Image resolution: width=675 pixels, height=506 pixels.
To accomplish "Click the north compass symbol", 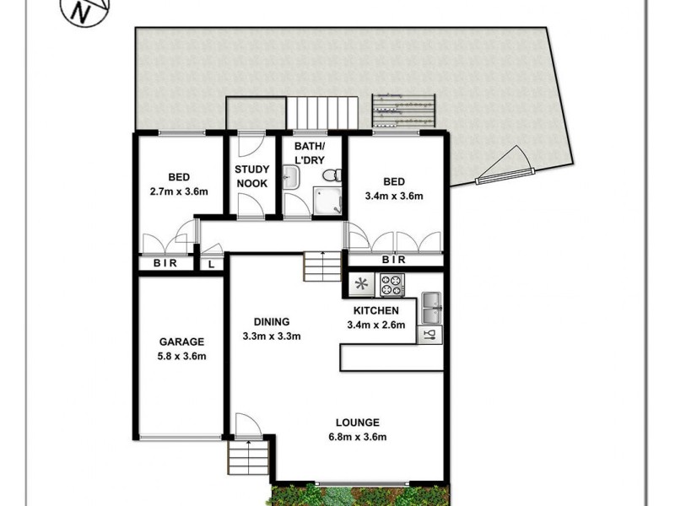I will (x=82, y=11).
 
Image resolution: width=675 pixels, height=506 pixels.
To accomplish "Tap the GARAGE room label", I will (x=182, y=342).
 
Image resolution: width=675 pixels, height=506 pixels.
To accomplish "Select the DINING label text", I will (x=272, y=321).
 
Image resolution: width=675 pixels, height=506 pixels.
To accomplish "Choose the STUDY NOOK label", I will (x=252, y=175).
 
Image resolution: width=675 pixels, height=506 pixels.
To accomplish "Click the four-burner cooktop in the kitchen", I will (x=391, y=285).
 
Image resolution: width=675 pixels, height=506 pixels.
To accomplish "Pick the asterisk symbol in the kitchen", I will (x=361, y=284).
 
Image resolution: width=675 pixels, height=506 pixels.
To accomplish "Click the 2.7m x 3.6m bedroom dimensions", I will (x=178, y=192).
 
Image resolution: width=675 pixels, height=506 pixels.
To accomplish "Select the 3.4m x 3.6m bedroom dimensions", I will (x=394, y=196).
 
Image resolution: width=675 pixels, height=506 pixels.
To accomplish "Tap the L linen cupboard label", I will (x=210, y=265).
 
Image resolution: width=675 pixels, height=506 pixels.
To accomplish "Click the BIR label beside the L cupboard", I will (x=165, y=265).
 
